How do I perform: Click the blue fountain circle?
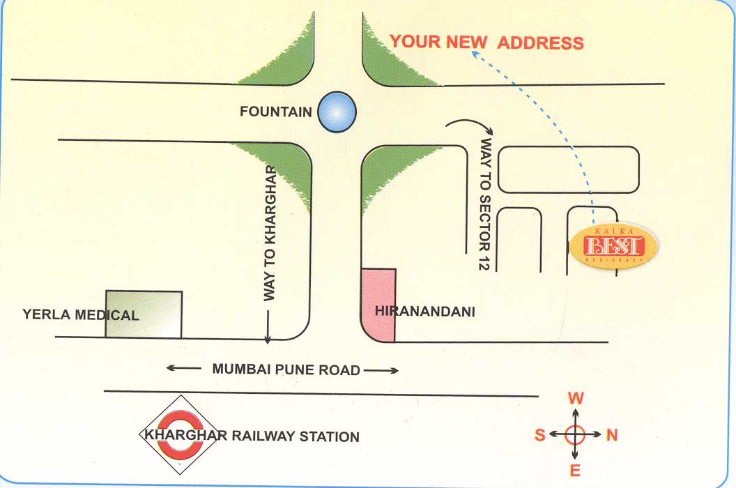tap(337, 112)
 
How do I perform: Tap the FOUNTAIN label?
tap(275, 112)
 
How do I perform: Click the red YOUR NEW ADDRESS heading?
tap(486, 42)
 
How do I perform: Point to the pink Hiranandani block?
tap(378, 305)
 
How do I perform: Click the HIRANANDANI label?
tap(425, 312)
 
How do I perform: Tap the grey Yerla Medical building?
tap(144, 314)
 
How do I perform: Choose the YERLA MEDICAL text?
tap(81, 315)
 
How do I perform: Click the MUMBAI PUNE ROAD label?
tap(286, 369)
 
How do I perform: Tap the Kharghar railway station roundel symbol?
tap(171, 436)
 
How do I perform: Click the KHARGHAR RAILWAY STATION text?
tap(252, 436)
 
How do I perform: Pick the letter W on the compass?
tap(576, 399)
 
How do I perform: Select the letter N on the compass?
tap(612, 435)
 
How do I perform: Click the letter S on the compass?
tap(539, 435)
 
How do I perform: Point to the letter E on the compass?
tap(575, 471)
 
